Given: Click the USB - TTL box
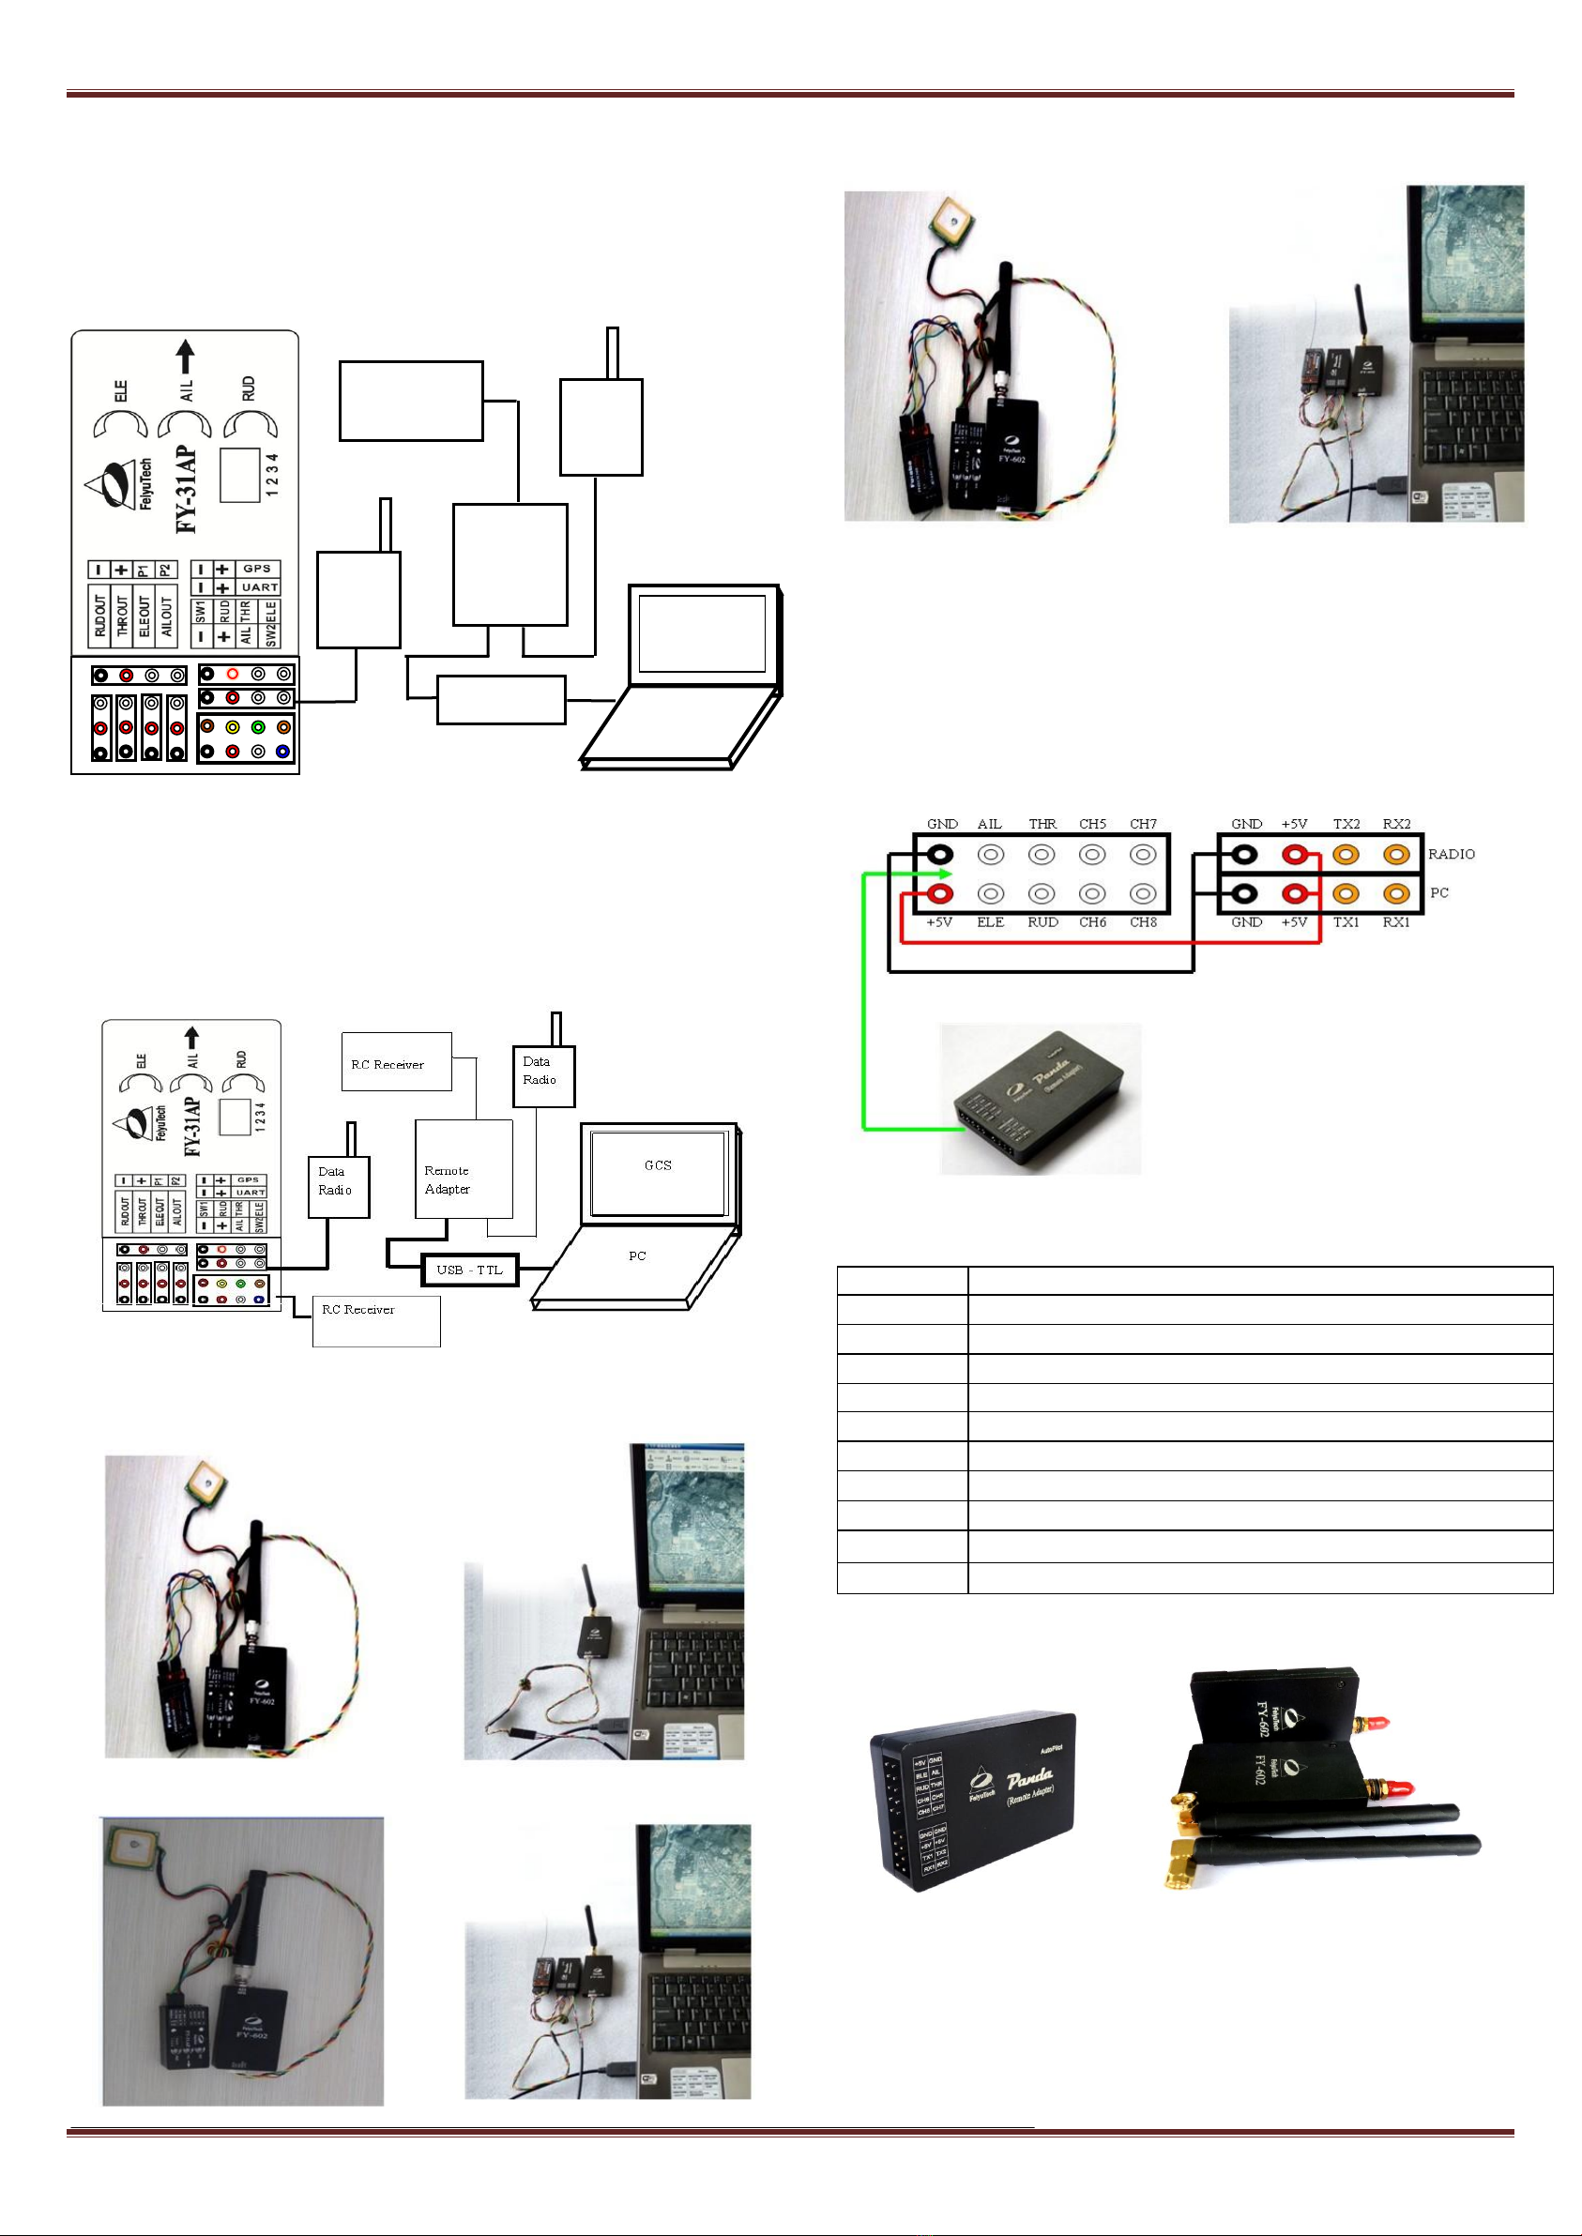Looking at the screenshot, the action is [x=469, y=1270].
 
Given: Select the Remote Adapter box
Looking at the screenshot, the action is [x=463, y=1168].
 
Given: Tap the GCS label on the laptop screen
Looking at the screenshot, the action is [x=658, y=1164].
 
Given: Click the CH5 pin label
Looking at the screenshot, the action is [x=1092, y=824].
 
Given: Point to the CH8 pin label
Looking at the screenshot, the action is [x=1143, y=922].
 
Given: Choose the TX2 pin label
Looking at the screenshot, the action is [x=1346, y=824].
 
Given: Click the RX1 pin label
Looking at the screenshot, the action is [x=1396, y=922].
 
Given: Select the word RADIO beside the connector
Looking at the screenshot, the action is [x=1451, y=854].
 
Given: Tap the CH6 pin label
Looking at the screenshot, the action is [x=1092, y=922].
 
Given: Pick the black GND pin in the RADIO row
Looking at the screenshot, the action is [x=1244, y=855].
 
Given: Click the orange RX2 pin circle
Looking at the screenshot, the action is [x=1396, y=855].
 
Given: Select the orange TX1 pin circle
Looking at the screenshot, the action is [x=1346, y=893].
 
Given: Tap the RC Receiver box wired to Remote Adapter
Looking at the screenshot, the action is [x=396, y=1062].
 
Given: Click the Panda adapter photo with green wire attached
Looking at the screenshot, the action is [x=1040, y=1098].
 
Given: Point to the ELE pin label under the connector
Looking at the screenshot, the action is [x=990, y=922].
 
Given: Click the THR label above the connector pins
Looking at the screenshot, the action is [x=1042, y=824].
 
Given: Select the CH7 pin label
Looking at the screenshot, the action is [x=1143, y=824].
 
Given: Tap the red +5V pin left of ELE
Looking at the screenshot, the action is [x=940, y=893].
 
